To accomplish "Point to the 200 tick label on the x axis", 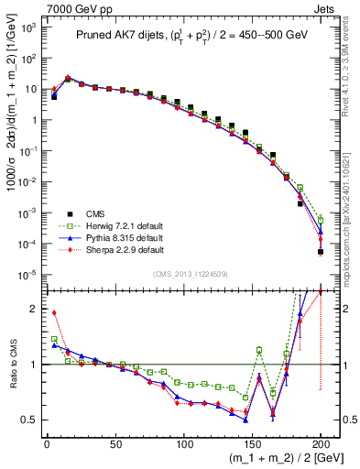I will pyautogui.click(x=321, y=443).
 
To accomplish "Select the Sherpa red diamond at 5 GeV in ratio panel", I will pyautogui.click(x=54, y=312).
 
